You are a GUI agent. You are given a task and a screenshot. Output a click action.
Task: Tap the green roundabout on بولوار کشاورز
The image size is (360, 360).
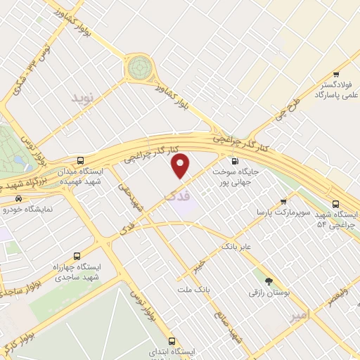click(139, 68)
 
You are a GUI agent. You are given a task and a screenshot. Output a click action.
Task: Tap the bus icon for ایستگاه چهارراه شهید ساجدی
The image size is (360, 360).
click(75, 256)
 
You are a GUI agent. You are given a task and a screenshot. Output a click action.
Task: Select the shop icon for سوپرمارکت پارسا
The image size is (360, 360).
click(283, 200)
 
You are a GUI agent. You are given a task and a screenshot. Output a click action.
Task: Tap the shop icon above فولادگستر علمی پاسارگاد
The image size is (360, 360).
click(336, 75)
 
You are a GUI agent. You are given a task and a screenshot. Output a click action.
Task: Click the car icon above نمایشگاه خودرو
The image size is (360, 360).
click(18, 198)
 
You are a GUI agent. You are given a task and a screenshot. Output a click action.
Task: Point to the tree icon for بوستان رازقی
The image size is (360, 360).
click(267, 281)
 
